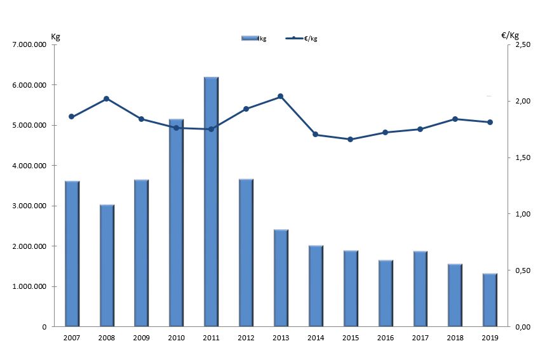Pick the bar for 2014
[316, 286]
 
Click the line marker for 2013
[281, 97]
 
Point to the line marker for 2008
[107, 98]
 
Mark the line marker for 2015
[350, 139]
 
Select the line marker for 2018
[455, 119]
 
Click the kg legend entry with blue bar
[253, 39]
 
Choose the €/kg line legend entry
[302, 39]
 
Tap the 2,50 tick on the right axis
[522, 45]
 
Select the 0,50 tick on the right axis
[522, 271]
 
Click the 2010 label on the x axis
[176, 338]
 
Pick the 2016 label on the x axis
[385, 338]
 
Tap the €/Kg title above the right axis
[510, 36]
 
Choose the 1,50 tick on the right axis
[522, 158]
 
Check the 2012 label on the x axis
[246, 338]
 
